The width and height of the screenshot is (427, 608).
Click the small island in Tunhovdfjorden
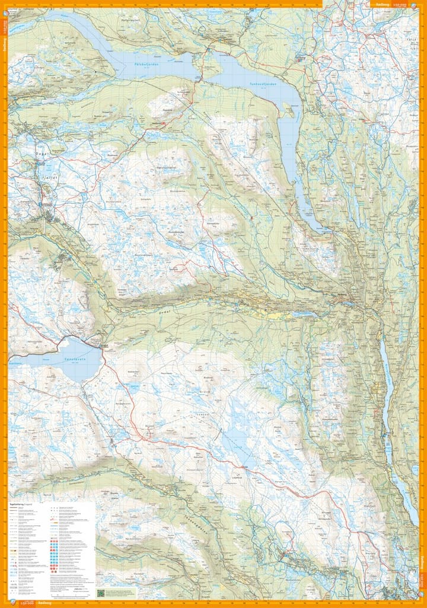(x=289, y=110)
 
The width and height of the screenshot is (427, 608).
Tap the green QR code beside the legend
(x=101, y=592)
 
